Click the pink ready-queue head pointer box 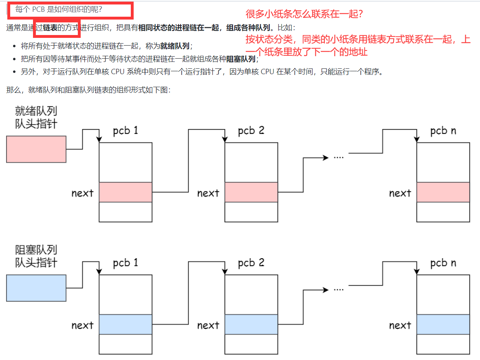click(x=36, y=149)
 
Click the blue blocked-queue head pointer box click(x=36, y=288)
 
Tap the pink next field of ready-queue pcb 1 click(x=126, y=192)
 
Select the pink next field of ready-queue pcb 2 click(x=251, y=192)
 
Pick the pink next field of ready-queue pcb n click(x=443, y=192)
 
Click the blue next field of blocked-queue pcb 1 click(x=126, y=325)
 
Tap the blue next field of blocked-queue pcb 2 click(x=251, y=325)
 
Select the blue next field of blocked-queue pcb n click(x=443, y=325)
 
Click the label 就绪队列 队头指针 click(x=36, y=117)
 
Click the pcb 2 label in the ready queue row click(x=251, y=131)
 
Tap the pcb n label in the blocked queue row click(x=443, y=263)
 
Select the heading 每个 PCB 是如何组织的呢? click(x=59, y=9)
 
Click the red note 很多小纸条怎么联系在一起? click(x=305, y=14)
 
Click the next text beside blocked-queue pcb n click(x=400, y=325)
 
